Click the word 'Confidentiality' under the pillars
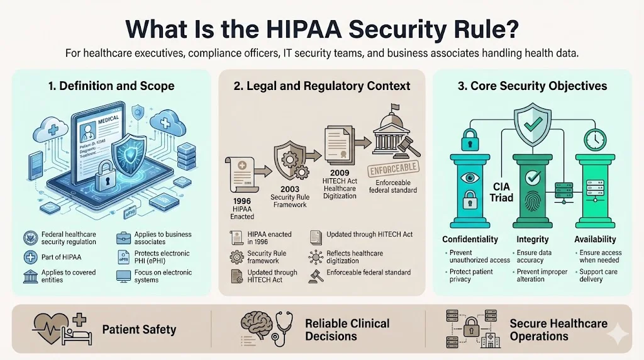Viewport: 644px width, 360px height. [470, 239]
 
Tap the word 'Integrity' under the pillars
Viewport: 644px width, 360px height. [532, 239]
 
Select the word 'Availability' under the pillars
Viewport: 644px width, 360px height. [595, 239]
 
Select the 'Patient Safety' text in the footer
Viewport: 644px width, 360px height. [139, 329]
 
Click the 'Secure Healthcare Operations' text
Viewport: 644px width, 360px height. [558, 330]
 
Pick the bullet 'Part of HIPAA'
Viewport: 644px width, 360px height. [62, 257]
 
